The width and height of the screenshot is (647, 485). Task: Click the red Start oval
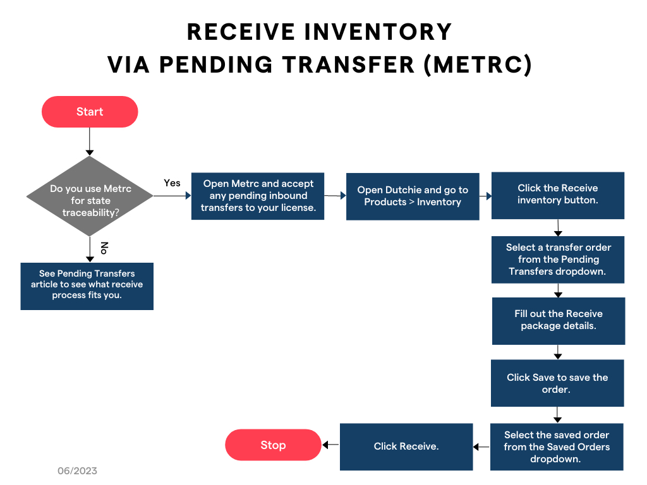90,112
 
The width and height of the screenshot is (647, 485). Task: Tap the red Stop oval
273,445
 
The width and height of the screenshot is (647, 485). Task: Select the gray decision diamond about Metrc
89,196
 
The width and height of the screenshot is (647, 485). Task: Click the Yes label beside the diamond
172,183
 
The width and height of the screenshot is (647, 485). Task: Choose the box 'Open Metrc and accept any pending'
258,196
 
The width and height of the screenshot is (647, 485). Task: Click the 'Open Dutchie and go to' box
413,196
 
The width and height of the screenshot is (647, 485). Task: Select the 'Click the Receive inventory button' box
557,195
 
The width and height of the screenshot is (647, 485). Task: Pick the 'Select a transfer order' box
558,259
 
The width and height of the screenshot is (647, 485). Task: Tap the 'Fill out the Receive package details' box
558,320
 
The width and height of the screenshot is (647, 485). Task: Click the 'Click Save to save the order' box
557,383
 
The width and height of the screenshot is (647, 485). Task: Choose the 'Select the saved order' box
557,446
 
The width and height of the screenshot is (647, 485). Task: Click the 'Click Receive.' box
406,446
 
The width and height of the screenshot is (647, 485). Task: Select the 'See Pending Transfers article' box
87,285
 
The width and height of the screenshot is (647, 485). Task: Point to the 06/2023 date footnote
77,471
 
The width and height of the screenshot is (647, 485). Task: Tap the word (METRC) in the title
478,65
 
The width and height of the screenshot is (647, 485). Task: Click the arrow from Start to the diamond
89,141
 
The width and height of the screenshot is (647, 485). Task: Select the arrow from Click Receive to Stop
331,446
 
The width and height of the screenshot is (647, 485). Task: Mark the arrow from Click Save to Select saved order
557,414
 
